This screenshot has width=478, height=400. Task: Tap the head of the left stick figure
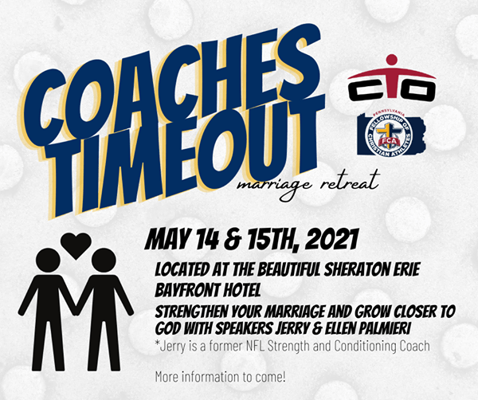click(x=48, y=261)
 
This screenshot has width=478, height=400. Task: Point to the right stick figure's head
click(x=104, y=261)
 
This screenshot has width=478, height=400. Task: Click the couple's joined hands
click(x=76, y=311)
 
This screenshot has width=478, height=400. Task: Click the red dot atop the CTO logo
click(x=392, y=60)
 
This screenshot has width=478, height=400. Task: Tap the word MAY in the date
click(x=167, y=240)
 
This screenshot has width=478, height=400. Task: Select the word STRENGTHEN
click(x=192, y=312)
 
